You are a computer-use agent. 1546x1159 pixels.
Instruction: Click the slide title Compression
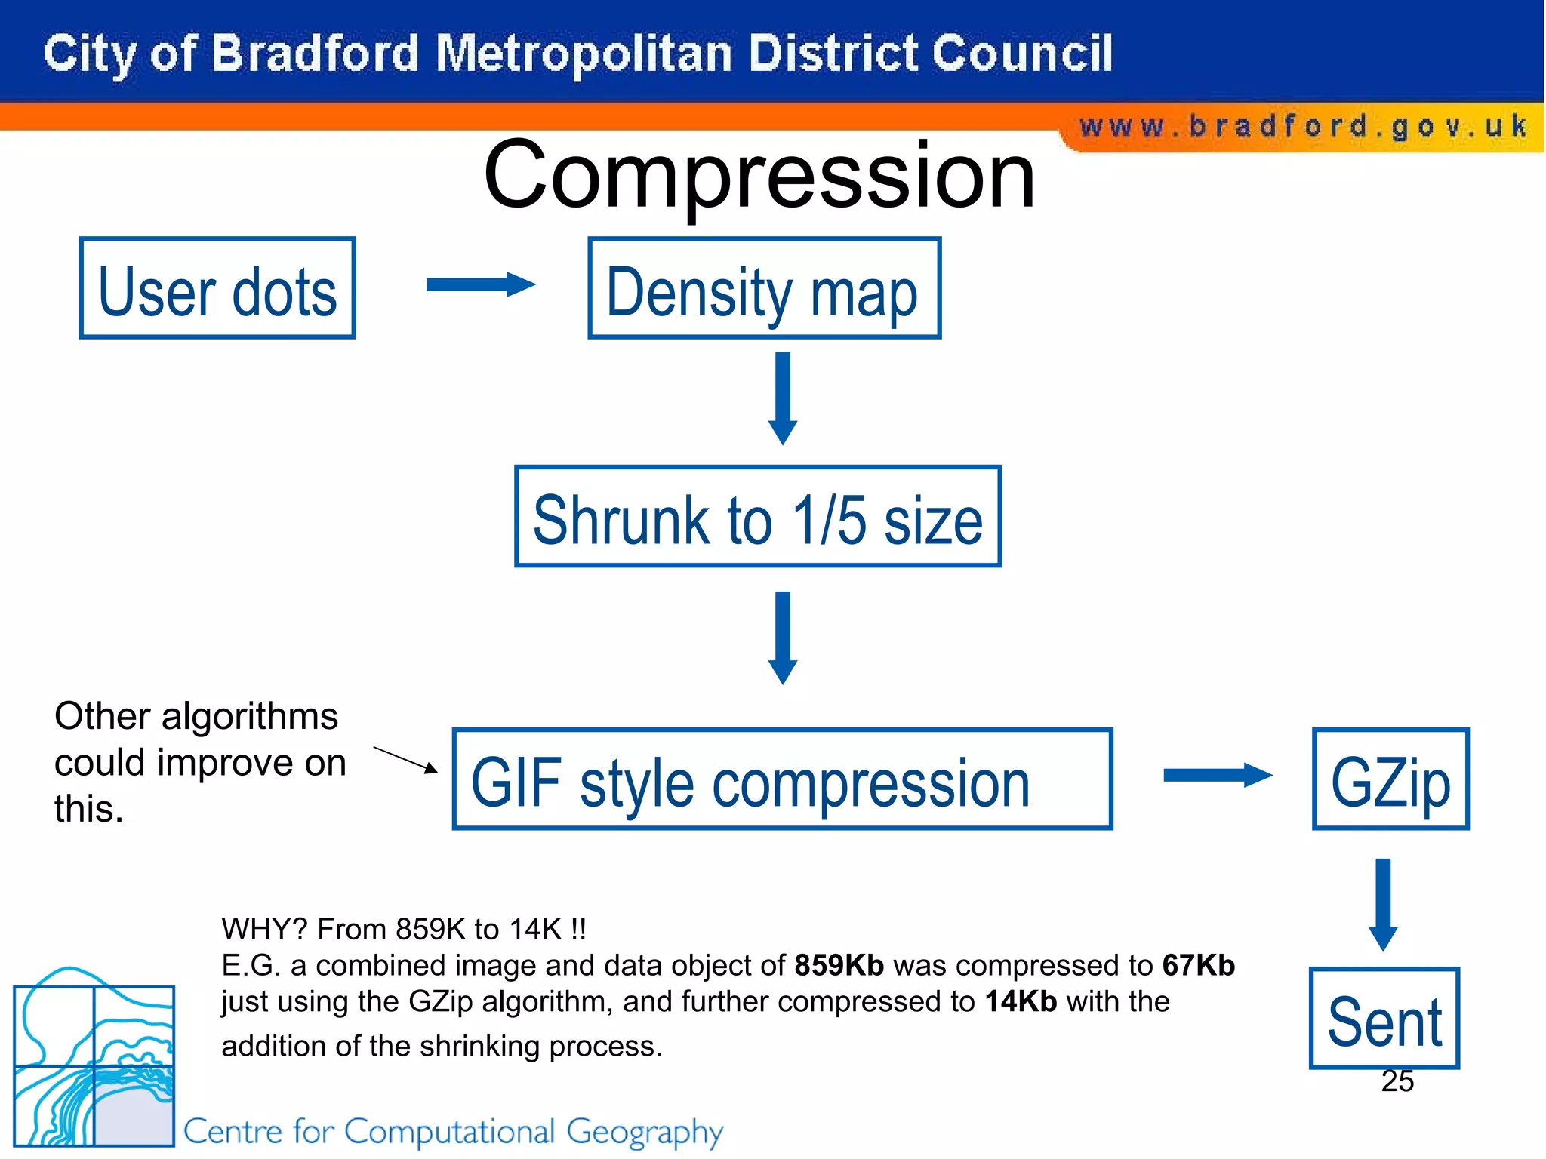click(x=759, y=175)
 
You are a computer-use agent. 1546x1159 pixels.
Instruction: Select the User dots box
click(x=217, y=288)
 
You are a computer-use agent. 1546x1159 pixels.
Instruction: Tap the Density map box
click(x=764, y=288)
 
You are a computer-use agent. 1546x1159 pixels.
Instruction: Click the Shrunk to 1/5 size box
click(x=758, y=517)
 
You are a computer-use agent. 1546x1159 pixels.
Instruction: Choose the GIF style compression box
click(x=782, y=779)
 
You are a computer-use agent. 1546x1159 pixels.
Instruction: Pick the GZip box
click(x=1390, y=779)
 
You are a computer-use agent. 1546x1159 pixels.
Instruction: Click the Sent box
click(x=1384, y=1019)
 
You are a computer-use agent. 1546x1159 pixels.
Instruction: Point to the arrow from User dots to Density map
click(x=481, y=284)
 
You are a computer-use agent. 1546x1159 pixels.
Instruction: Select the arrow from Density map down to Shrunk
click(x=783, y=398)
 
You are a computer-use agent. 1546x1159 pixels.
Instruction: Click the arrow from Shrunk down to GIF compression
click(x=783, y=638)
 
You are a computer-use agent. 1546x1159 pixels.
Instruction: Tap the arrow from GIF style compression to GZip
click(x=1217, y=775)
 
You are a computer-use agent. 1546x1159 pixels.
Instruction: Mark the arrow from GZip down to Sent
click(x=1383, y=904)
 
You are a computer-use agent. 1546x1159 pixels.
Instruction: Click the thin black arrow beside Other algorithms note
click(x=405, y=760)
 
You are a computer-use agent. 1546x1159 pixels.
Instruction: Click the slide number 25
click(x=1397, y=1081)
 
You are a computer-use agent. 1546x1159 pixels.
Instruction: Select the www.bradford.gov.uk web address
click(x=1303, y=126)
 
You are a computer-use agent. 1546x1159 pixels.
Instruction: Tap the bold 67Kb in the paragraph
click(x=1198, y=965)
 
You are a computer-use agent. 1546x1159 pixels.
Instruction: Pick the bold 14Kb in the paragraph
click(x=1021, y=1001)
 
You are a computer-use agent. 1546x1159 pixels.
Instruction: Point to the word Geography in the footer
click(x=645, y=1133)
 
